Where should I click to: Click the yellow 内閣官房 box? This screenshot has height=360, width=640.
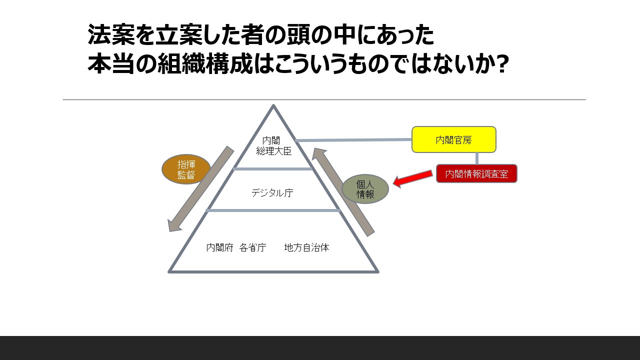453,139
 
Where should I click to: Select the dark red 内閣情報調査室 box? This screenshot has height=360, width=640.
476,173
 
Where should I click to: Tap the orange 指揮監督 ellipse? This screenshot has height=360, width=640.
186,169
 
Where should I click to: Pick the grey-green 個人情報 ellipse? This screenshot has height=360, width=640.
365,189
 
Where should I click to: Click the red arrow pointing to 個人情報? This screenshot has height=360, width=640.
412,178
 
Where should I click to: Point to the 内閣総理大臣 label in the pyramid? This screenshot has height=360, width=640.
273,145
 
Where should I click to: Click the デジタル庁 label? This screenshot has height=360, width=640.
272,192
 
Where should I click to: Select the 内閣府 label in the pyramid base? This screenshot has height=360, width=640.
220,247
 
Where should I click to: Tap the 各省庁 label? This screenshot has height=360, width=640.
252,247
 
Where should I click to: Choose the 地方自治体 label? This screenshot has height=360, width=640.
306,247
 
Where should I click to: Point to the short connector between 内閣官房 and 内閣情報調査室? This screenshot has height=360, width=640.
476,158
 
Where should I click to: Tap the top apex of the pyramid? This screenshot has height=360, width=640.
273,106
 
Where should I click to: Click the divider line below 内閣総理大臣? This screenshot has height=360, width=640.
272,169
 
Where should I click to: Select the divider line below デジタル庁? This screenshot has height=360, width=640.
273,210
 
